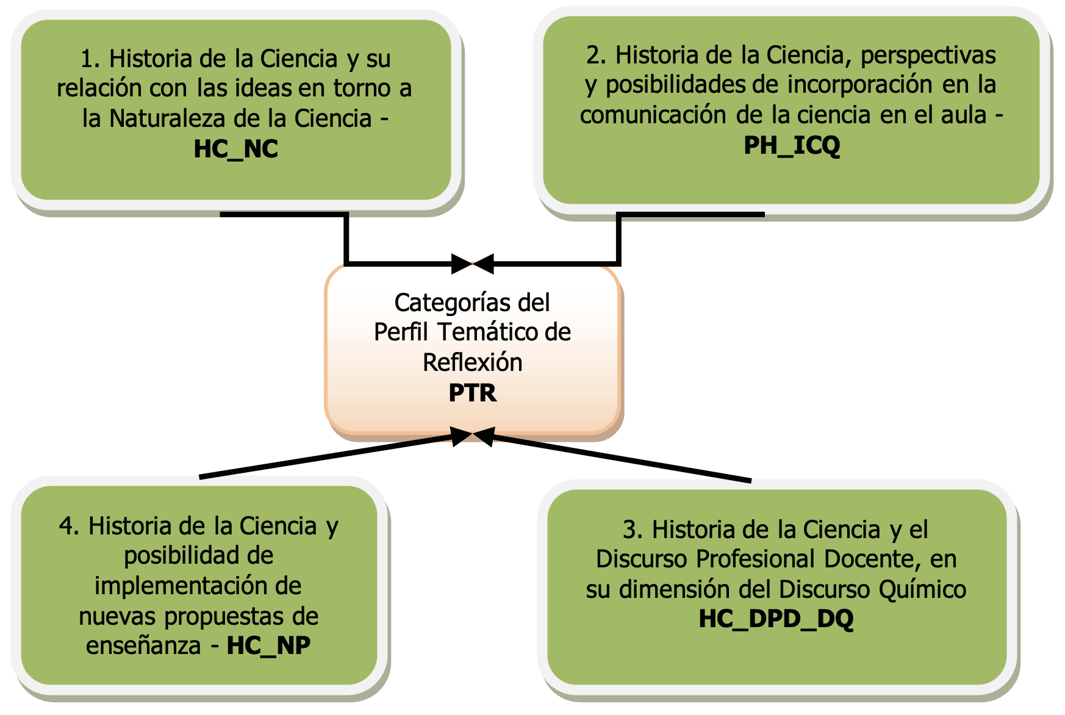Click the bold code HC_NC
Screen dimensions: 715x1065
(235, 149)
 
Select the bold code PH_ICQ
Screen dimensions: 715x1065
(792, 145)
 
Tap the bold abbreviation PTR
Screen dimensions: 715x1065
(473, 393)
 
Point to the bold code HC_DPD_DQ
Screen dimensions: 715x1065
(776, 619)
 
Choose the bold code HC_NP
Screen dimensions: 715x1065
(268, 645)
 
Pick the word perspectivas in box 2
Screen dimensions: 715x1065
(928, 56)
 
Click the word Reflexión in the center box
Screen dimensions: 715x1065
(473, 362)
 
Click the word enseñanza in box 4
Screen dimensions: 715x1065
(143, 645)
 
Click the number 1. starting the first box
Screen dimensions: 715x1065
(90, 59)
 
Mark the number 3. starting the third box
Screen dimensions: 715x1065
(633, 530)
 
